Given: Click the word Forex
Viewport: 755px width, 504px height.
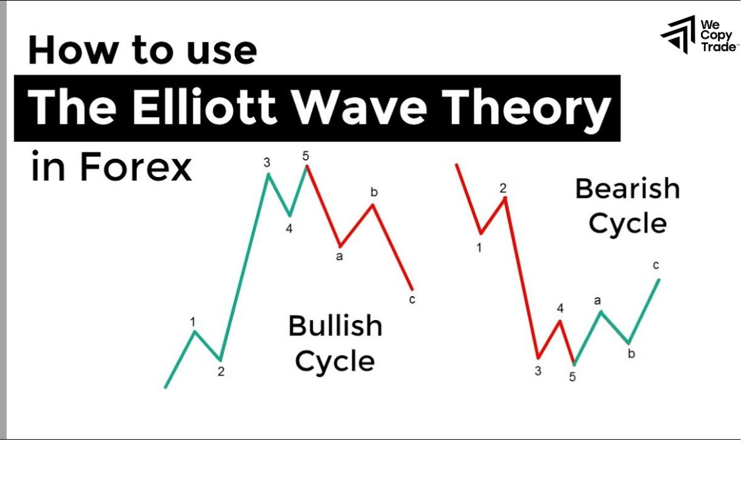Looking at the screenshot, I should point(136,168).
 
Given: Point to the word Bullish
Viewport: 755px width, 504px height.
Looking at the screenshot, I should point(335,326).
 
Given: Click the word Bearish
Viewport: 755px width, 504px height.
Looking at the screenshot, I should point(627,188).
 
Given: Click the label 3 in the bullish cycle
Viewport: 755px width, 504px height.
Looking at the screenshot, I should point(267,163).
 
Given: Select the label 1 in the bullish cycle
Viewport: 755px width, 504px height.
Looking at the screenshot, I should point(193,322).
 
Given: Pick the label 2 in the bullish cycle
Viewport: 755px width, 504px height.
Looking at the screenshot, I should point(221,372).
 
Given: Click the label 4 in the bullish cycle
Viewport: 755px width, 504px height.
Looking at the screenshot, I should point(289,229).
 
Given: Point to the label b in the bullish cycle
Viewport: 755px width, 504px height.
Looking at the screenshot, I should point(374,192).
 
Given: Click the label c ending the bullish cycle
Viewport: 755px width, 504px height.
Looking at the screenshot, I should point(412,300).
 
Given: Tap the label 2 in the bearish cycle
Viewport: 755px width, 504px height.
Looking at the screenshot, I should point(503,188).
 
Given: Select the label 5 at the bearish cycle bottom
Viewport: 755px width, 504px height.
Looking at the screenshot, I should point(572,377).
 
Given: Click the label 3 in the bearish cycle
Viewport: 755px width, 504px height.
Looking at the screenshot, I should point(538,371).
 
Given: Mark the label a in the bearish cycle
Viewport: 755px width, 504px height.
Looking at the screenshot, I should point(597,301).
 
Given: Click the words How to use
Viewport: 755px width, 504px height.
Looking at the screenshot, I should point(142,50).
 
